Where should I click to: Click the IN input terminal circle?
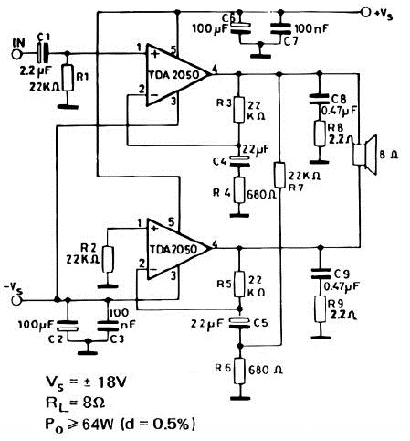pos(16,54)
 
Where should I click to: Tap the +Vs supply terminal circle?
pos(365,12)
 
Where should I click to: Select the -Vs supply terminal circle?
pos(16,300)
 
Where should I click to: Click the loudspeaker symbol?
pos(365,155)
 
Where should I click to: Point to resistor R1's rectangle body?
pos(68,78)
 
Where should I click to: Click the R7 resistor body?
pos(279,175)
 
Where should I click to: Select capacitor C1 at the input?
pos(43,54)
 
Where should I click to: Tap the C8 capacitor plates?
pos(320,100)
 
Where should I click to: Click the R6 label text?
pos(222,369)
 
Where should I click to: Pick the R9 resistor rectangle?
pos(320,308)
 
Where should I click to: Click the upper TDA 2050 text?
pos(173,75)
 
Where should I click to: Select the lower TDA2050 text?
pos(173,250)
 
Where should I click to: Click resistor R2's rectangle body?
pos(108,259)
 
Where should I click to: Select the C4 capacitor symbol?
pos(239,161)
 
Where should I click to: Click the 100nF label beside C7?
pos(311,29)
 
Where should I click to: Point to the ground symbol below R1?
pos(68,107)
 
